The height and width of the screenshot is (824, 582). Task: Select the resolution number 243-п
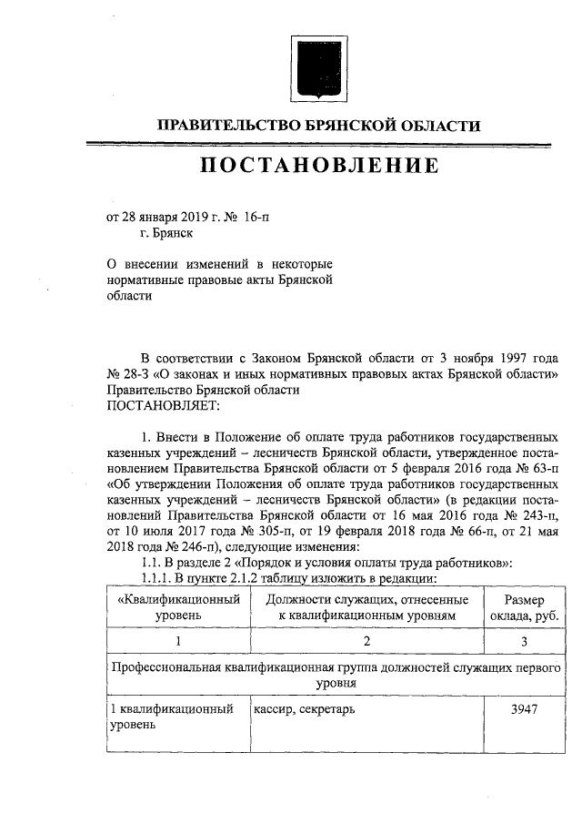pos(528,514)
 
